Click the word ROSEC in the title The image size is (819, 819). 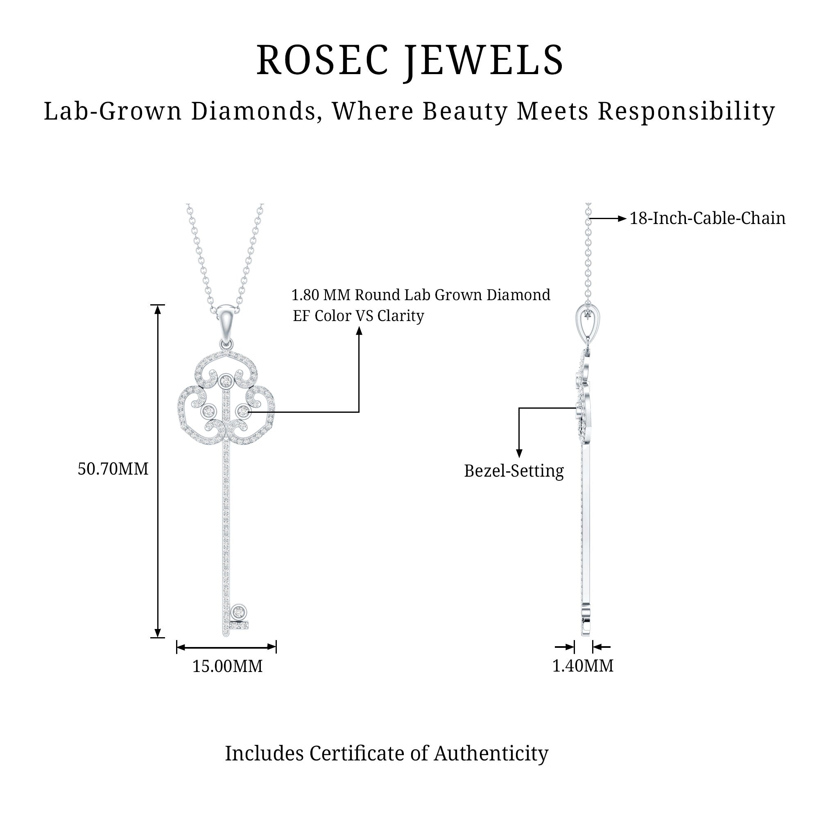pos(323,60)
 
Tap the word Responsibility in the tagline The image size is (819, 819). pos(686,111)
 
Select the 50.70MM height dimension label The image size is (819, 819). pos(113,469)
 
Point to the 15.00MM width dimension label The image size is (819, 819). pos(227,666)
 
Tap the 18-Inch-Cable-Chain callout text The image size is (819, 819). pos(707,218)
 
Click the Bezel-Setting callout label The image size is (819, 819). pos(514,471)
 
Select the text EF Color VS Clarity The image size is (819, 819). pos(358,316)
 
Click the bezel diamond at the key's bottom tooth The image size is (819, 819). pos(239,612)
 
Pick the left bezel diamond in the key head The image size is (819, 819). pos(208,410)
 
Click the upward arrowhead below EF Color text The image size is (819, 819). pos(359,332)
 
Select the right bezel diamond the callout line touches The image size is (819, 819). pos(243,410)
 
